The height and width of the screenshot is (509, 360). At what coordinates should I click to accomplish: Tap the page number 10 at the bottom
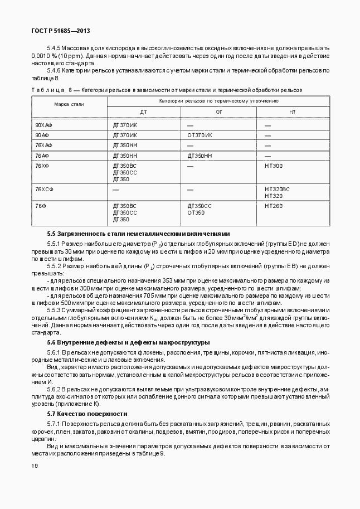pos(35,466)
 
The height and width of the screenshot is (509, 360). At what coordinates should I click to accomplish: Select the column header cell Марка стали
pos(69,104)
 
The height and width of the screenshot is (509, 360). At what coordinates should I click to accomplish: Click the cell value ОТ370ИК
pos(200,135)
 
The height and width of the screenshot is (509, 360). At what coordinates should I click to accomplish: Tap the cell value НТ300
pos(274,166)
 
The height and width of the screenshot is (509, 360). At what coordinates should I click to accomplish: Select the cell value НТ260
pos(274,206)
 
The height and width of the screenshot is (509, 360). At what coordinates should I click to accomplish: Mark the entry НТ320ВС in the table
pos(278,190)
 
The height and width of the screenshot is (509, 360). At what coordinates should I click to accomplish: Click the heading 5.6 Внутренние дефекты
pos(128,342)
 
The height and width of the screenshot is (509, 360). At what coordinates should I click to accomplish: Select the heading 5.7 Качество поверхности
pos(87,414)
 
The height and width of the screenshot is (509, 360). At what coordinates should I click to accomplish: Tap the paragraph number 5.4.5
pos(53,49)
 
